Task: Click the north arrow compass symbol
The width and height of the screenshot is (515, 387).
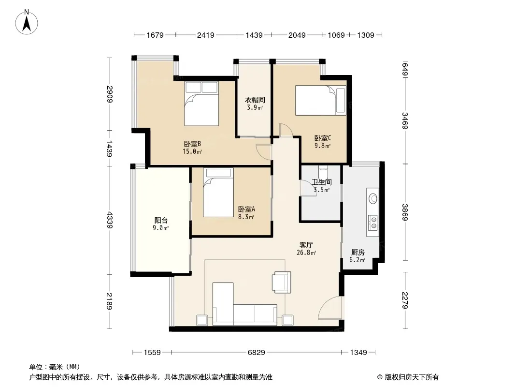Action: [x=27, y=22]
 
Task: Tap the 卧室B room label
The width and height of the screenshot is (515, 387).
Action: [x=192, y=144]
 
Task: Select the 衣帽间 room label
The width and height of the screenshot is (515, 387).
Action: [x=255, y=100]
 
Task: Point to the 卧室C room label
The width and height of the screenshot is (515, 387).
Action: [x=323, y=138]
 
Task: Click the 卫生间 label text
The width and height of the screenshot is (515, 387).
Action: [x=322, y=182]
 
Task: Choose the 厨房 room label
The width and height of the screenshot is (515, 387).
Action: [x=358, y=253]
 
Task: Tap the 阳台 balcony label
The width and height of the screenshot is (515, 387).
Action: [x=161, y=220]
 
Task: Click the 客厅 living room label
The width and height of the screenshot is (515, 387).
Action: [x=306, y=245]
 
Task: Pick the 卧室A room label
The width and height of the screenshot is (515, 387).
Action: [x=246, y=209]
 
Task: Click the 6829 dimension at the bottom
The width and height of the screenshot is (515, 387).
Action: [x=256, y=353]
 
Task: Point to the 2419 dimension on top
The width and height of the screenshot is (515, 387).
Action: [x=206, y=35]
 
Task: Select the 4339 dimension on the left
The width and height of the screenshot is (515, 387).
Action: [x=109, y=220]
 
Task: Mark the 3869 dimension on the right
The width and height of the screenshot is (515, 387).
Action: [x=405, y=212]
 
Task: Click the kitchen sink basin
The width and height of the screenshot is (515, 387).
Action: [x=373, y=199]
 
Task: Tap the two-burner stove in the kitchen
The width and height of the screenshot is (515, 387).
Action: [x=373, y=222]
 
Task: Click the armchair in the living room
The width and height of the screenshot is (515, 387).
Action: [x=282, y=282]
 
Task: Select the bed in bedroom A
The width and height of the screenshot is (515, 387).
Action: [x=218, y=193]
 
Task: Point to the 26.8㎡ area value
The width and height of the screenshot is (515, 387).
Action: [x=306, y=253]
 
